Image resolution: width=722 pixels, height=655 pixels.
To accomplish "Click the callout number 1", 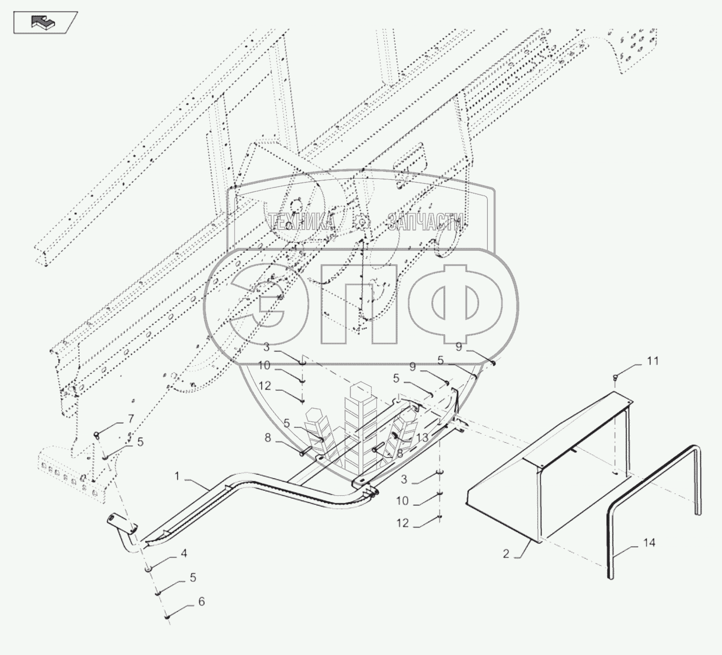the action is click(177, 476).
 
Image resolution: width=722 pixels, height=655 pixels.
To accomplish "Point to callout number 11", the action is click(653, 360).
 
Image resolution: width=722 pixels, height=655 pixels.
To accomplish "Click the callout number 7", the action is click(131, 419).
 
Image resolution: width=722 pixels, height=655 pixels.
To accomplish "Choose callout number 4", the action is click(184, 553).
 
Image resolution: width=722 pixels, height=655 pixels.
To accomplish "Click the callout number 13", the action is click(422, 438).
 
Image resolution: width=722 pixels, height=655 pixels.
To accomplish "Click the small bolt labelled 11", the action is click(615, 377).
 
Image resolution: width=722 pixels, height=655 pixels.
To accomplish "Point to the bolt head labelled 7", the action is click(97, 434).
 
